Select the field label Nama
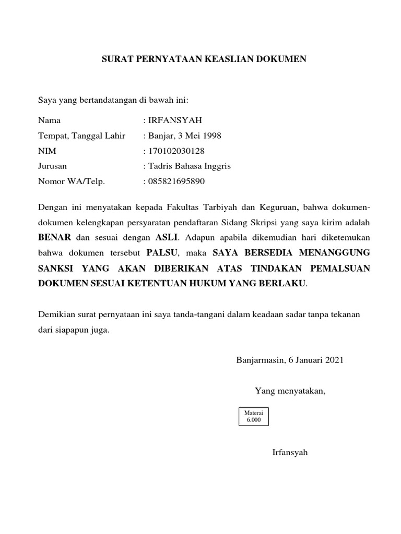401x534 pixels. (x=49, y=120)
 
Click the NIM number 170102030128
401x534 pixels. (x=176, y=151)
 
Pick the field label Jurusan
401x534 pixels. (x=52, y=166)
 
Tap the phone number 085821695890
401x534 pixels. (x=176, y=182)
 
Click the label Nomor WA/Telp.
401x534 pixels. (x=72, y=182)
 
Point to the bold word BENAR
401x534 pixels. (x=54, y=238)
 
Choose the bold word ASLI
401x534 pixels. (x=167, y=238)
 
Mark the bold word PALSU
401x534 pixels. (x=162, y=253)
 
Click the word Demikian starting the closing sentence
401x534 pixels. (x=56, y=315)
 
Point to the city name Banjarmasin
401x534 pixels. (x=260, y=360)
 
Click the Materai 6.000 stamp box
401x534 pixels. (x=253, y=416)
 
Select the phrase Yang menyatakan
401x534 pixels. (x=290, y=391)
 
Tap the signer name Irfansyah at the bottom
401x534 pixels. (x=290, y=452)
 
